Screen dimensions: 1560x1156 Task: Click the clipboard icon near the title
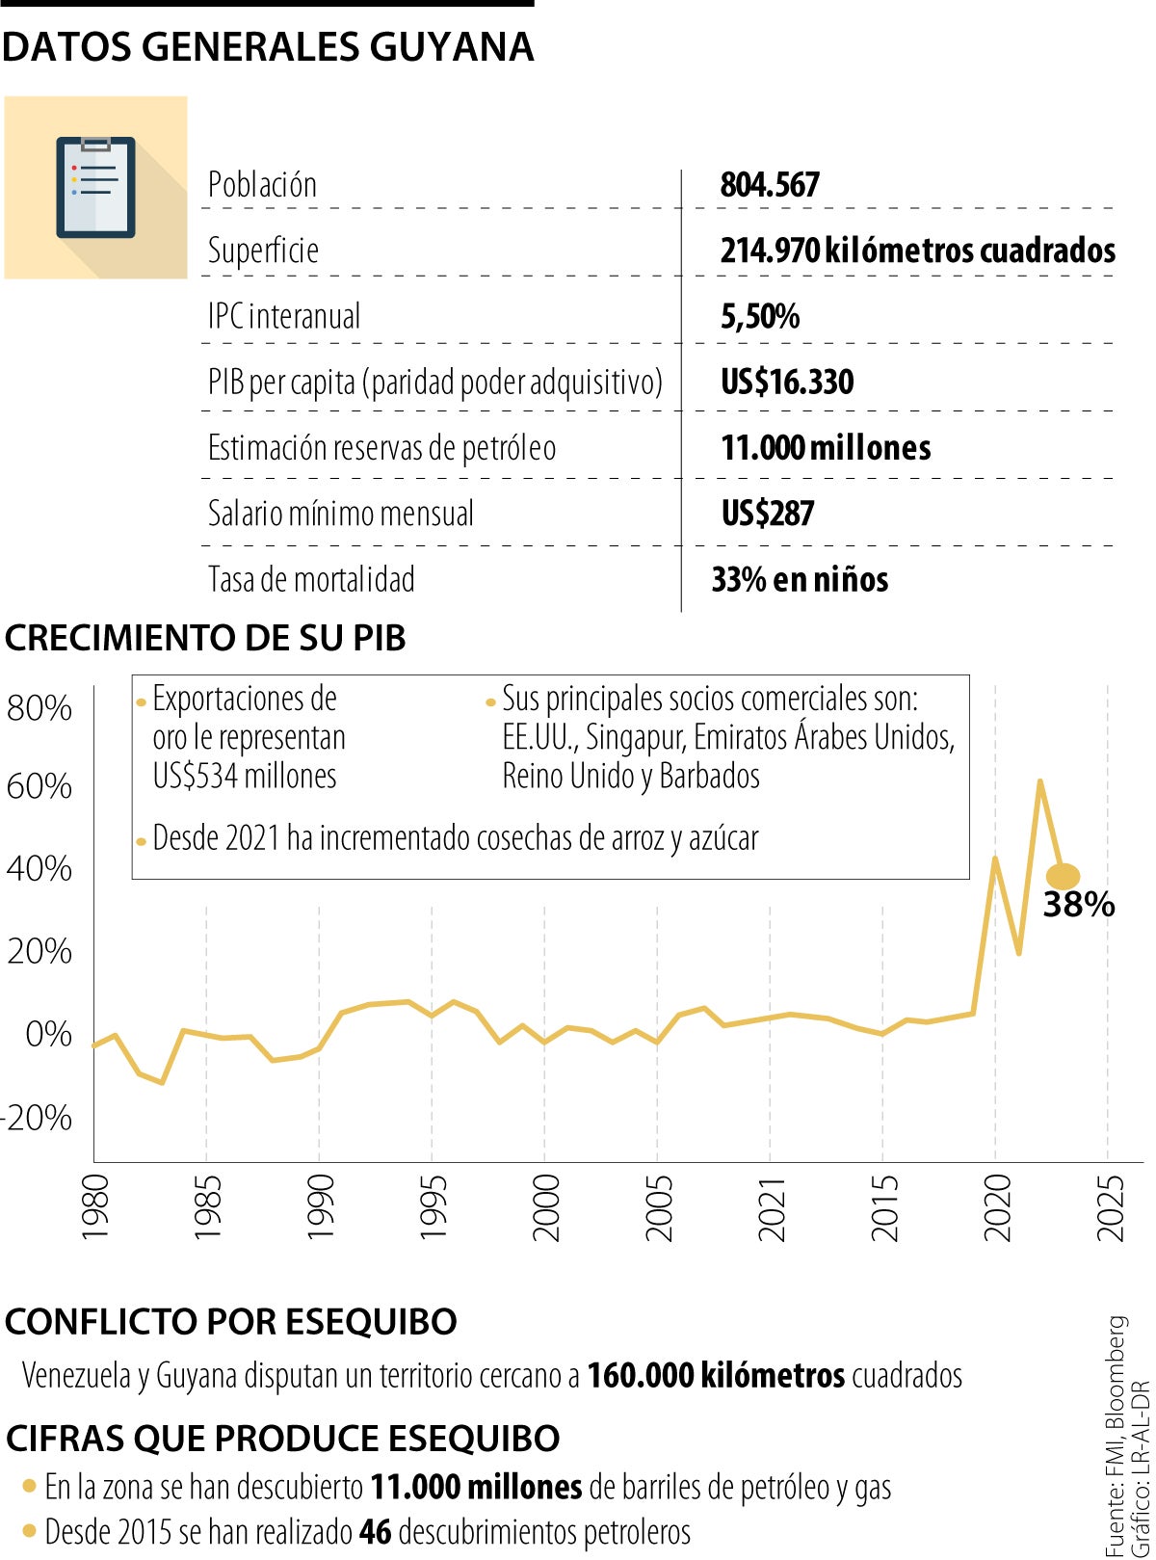[x=95, y=187]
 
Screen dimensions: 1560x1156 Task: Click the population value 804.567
[x=770, y=185]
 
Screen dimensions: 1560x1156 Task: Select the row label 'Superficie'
[x=263, y=251]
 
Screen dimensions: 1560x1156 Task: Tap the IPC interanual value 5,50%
[x=759, y=317]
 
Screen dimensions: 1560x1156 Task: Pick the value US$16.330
[x=787, y=383]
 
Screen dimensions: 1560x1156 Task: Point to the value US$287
[x=768, y=514]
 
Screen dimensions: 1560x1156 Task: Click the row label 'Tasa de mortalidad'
[x=311, y=580]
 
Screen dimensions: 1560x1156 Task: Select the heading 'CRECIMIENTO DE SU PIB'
[x=205, y=638]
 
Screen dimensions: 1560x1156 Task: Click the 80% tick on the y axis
[x=39, y=708]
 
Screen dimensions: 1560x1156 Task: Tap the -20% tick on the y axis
[x=38, y=1118]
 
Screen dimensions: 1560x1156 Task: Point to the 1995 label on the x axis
[x=433, y=1206]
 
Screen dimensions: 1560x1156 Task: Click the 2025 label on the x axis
[x=1111, y=1206]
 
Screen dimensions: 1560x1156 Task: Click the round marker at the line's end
[x=1063, y=876]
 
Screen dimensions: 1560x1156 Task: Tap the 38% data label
[x=1078, y=905]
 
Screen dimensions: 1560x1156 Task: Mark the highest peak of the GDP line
[x=1039, y=780]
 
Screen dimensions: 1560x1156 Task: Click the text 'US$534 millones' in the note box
[x=245, y=776]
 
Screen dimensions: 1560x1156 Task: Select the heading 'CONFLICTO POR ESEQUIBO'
[x=231, y=1322]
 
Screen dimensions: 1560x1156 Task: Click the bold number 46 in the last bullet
[x=375, y=1531]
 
